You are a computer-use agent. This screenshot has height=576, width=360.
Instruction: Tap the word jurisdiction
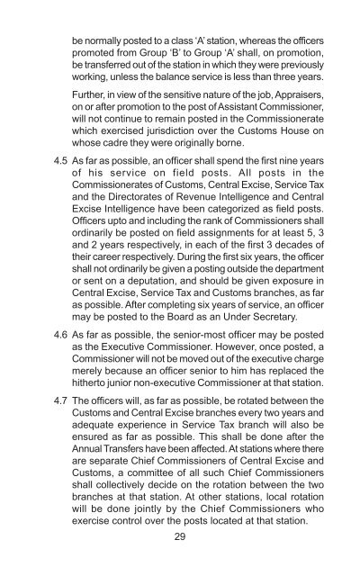pyautogui.click(x=156, y=134)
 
